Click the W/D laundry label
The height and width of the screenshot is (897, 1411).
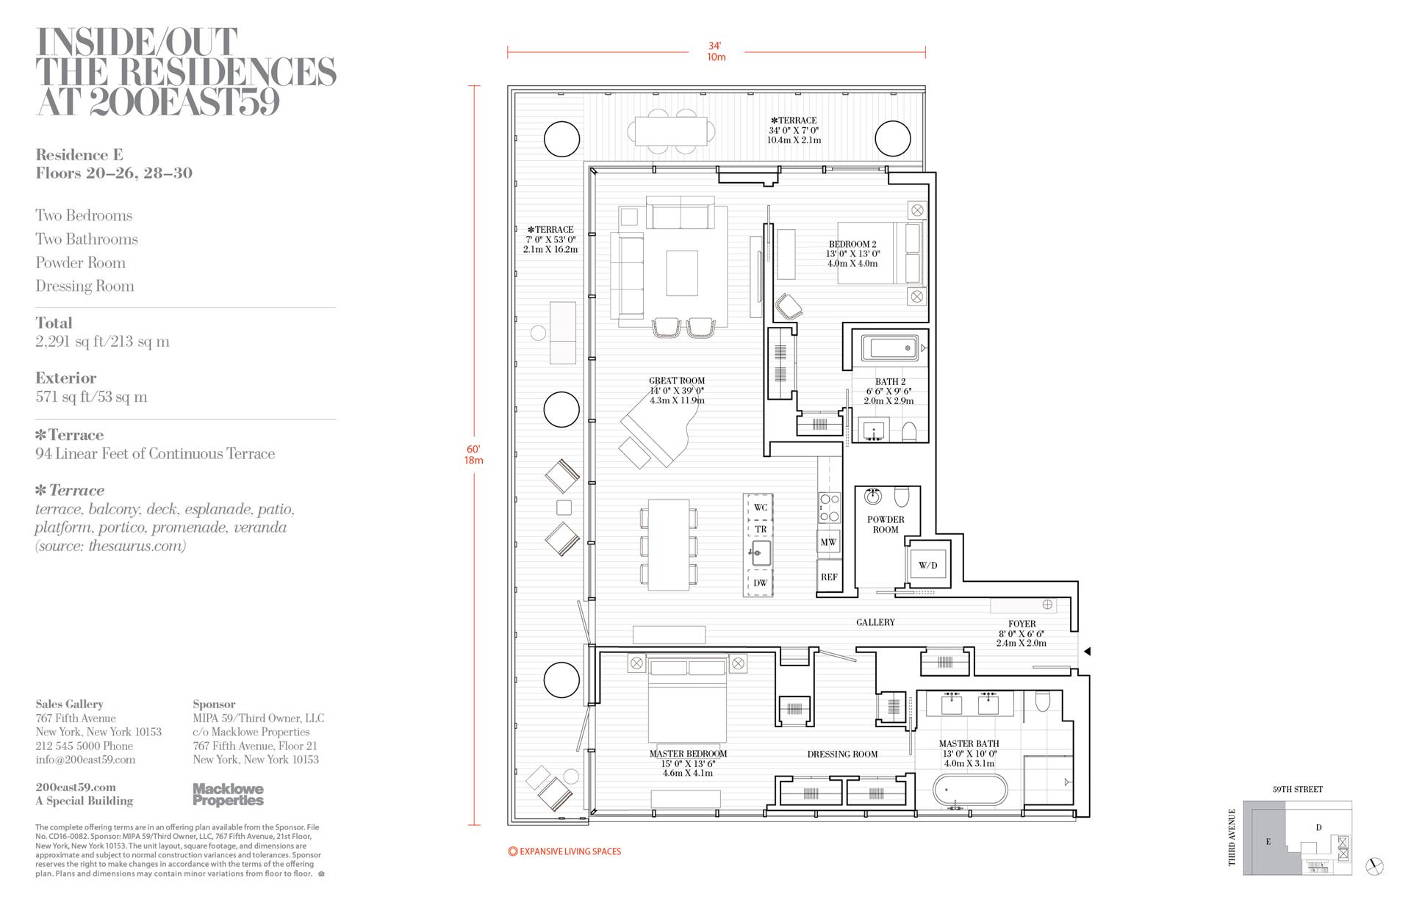(x=927, y=566)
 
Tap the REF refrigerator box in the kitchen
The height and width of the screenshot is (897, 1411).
(x=829, y=577)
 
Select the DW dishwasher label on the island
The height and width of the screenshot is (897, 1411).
(x=760, y=583)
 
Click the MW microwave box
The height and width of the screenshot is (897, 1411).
(x=828, y=542)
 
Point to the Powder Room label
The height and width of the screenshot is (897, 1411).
(x=886, y=525)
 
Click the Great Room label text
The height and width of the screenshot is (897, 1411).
(x=677, y=381)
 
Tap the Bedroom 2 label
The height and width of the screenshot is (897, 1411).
(x=852, y=245)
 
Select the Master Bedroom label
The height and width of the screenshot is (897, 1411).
(x=688, y=754)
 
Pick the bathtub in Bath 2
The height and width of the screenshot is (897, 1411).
(x=890, y=347)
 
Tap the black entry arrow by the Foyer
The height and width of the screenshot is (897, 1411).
(x=1088, y=652)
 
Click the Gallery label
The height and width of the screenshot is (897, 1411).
(x=875, y=622)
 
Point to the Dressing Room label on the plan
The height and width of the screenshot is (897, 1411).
(x=842, y=754)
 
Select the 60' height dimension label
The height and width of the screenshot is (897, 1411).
(x=473, y=449)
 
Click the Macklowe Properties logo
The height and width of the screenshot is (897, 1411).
(x=228, y=794)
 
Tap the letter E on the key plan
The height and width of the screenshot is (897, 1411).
(x=1268, y=842)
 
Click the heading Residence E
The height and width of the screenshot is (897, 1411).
(x=79, y=155)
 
